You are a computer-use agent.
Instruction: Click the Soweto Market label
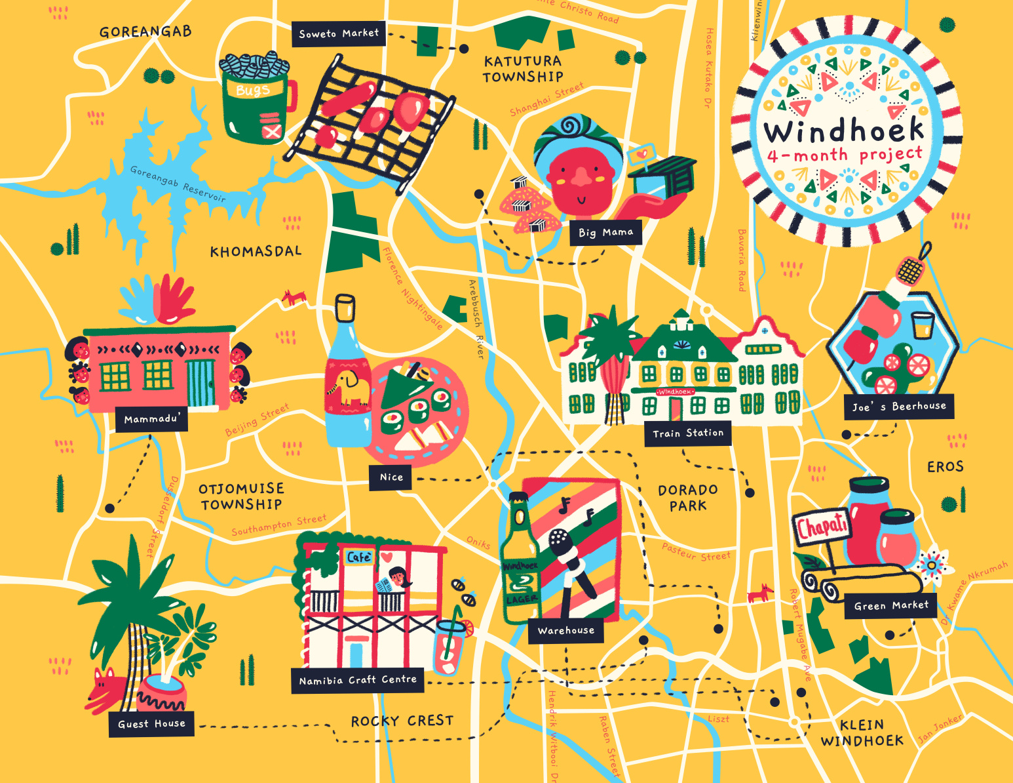pyautogui.click(x=338, y=33)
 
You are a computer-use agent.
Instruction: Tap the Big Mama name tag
pyautogui.click(x=605, y=232)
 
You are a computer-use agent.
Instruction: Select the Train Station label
pyautogui.click(x=687, y=433)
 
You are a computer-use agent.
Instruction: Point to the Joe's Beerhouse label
pyautogui.click(x=898, y=407)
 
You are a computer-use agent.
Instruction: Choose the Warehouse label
pyautogui.click(x=565, y=630)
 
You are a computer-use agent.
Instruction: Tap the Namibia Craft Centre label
pyautogui.click(x=357, y=680)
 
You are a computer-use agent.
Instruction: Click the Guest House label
pyautogui.click(x=151, y=723)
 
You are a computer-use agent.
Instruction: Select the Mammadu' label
pyautogui.click(x=151, y=419)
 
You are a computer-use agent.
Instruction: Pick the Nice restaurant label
pyautogui.click(x=391, y=477)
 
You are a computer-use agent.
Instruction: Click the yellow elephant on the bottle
pyautogui.click(x=351, y=387)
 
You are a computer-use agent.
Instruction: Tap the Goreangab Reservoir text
pyautogui.click(x=178, y=184)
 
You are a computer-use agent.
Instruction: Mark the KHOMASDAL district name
pyautogui.click(x=256, y=251)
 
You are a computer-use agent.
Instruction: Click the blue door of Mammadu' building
pyautogui.click(x=201, y=383)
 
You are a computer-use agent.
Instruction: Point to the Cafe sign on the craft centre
pyautogui.click(x=359, y=557)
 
